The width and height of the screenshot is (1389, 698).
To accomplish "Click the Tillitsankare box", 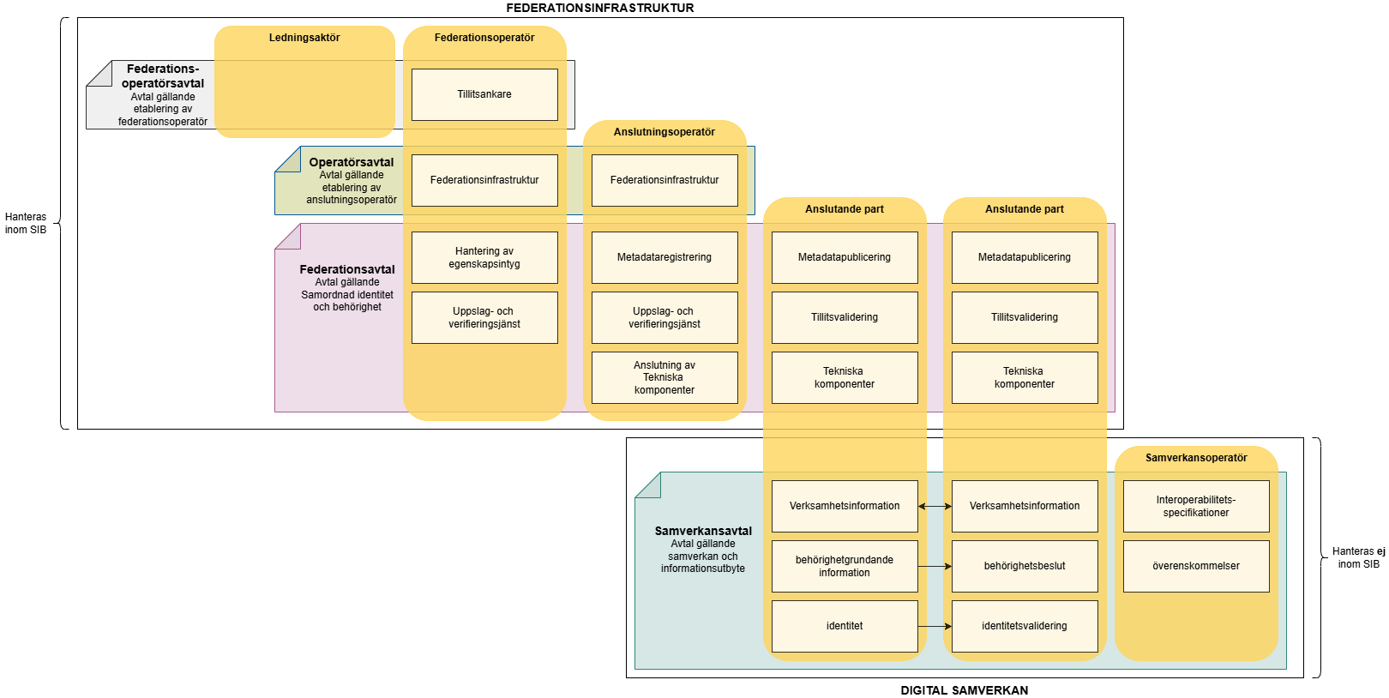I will [484, 94].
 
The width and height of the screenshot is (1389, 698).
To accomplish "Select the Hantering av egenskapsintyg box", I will [484, 257].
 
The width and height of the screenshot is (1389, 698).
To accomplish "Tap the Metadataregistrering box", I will [664, 257].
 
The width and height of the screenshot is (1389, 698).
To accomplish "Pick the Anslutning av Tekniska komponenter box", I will [664, 377].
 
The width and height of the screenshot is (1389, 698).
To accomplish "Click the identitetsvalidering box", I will [1025, 626].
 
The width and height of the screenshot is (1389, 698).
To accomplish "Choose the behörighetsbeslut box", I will [1025, 566].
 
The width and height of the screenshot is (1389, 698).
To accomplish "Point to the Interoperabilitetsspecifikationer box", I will [1196, 506].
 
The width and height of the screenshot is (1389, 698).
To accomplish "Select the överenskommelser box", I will [1196, 566].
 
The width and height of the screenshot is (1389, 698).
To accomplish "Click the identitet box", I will [845, 626].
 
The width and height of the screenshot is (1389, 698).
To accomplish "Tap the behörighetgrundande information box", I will [845, 566].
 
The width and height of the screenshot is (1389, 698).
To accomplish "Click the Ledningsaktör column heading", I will [304, 38].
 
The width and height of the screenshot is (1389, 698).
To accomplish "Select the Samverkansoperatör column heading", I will [1196, 458].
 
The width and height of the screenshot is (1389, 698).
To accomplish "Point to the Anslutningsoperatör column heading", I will [664, 132].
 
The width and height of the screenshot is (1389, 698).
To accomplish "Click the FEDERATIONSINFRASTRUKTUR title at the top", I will [600, 8].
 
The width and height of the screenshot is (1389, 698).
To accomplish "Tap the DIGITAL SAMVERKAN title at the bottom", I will [965, 690].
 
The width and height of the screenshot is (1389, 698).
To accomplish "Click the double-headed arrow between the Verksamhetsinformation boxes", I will [935, 506].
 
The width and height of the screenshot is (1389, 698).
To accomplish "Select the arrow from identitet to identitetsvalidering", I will [935, 626].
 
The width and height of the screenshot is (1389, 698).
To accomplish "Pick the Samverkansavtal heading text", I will [703, 531].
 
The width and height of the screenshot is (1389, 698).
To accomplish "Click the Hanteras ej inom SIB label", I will [1358, 557].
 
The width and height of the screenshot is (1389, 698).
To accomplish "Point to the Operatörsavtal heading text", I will [352, 162].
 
